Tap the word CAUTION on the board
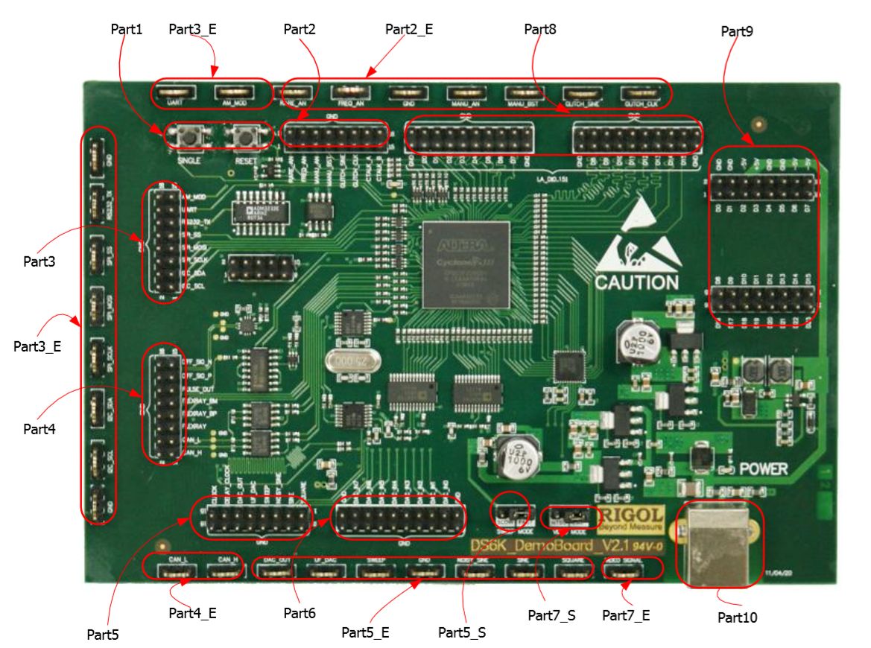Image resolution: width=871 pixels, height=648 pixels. [x=636, y=282]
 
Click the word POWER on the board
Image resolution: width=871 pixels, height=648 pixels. [x=763, y=469]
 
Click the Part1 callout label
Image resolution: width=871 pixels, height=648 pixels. [x=127, y=29]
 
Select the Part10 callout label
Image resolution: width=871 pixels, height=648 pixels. [x=738, y=617]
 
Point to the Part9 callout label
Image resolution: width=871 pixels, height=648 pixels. [x=737, y=31]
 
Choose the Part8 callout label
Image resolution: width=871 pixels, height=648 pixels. [x=540, y=29]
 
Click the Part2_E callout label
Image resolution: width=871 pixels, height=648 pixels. [x=409, y=29]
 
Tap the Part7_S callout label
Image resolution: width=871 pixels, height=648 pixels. [x=551, y=615]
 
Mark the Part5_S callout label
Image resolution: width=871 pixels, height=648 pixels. [x=462, y=632]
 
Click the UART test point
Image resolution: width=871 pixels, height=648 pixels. [x=176, y=94]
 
